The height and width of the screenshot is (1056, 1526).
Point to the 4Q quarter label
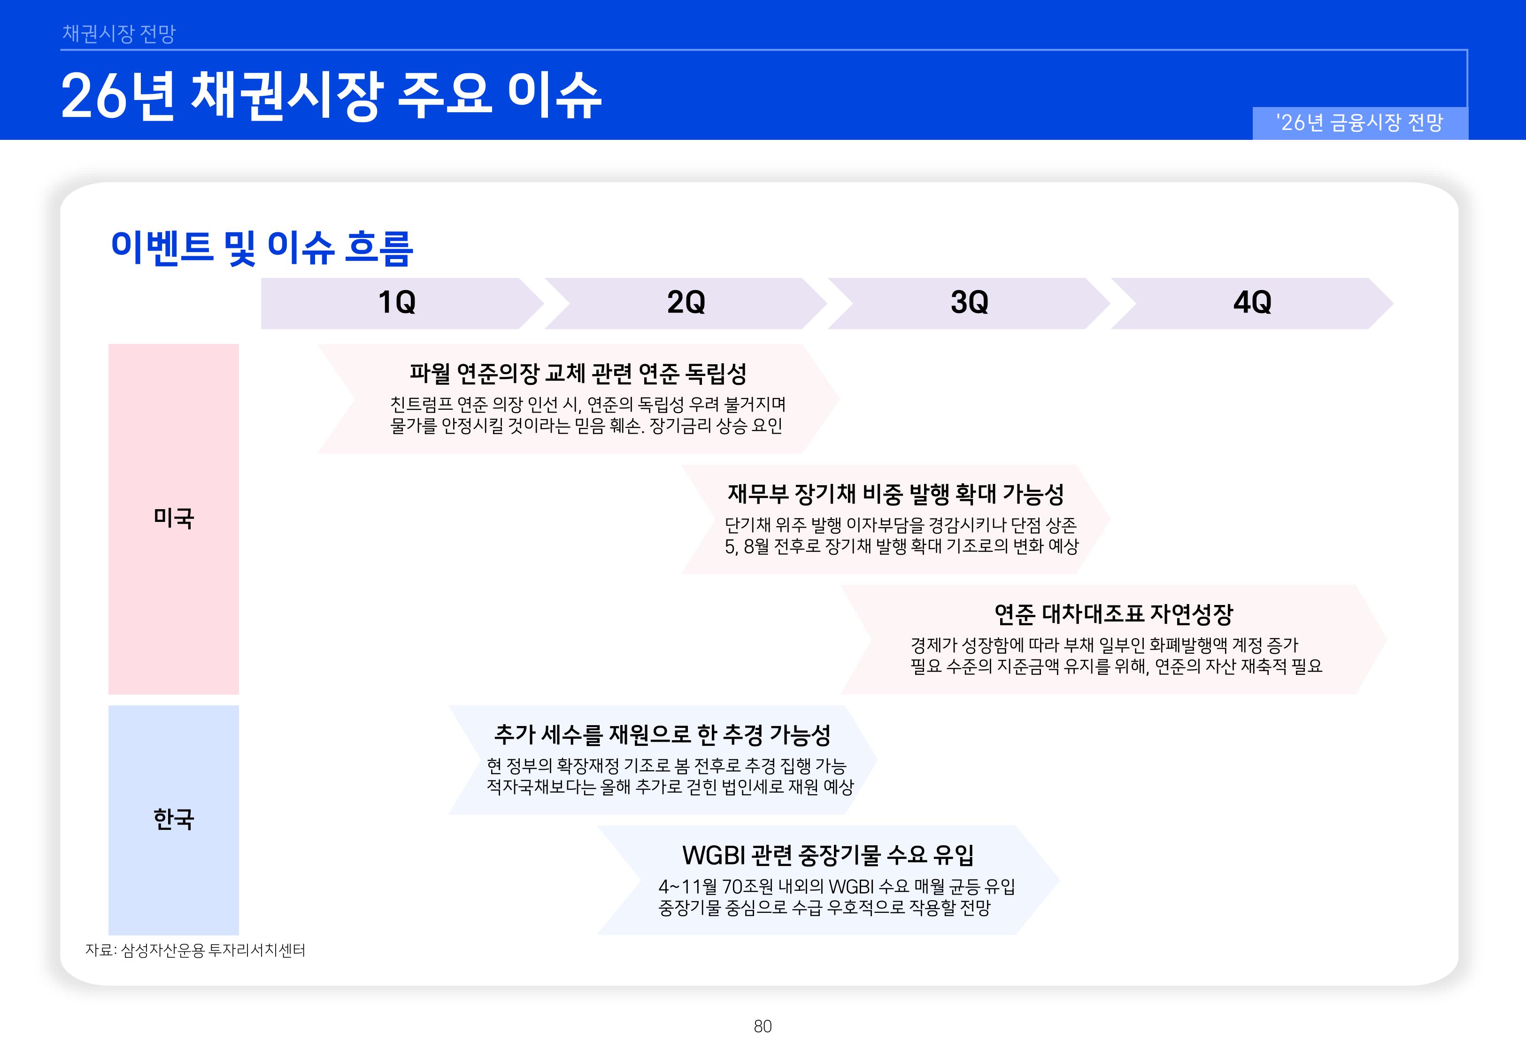click(x=1252, y=302)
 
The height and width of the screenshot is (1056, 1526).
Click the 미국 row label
click(x=173, y=518)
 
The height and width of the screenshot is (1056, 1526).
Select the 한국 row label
click(x=173, y=819)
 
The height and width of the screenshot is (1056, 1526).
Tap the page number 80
click(x=763, y=1026)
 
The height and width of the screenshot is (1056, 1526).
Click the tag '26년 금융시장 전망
click(x=1359, y=123)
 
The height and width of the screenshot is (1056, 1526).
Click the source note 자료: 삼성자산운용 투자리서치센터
click(x=195, y=950)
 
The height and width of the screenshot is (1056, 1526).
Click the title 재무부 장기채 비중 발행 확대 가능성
click(x=895, y=494)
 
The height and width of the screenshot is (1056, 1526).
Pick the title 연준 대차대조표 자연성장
click(x=1113, y=614)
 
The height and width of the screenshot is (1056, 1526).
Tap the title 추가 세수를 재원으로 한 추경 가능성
click(x=662, y=735)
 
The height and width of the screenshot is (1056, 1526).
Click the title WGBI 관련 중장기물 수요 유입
click(x=827, y=855)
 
